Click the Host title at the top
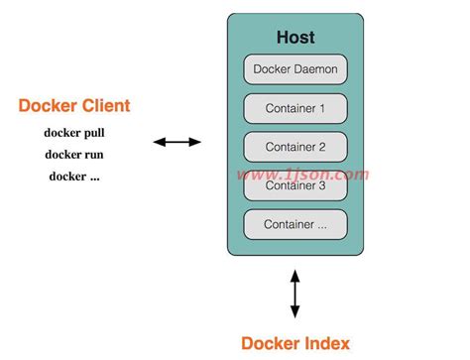point(294,38)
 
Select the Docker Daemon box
point(295,68)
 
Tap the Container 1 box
point(295,107)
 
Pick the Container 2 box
point(295,146)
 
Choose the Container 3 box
point(295,184)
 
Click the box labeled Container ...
point(295,224)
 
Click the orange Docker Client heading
point(74,105)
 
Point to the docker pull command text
point(74,132)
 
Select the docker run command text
point(74,154)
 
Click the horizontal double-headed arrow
point(177,143)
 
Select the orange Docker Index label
point(294,343)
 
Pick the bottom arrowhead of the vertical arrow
point(294,312)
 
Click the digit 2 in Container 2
point(323,146)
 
